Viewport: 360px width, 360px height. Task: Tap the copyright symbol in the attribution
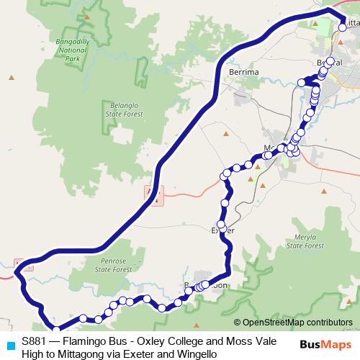tap(238, 323)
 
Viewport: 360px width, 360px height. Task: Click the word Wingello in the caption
tap(193, 354)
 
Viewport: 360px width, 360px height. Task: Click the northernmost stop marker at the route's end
tap(342, 28)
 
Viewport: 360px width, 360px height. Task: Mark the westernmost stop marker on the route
tap(83, 318)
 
